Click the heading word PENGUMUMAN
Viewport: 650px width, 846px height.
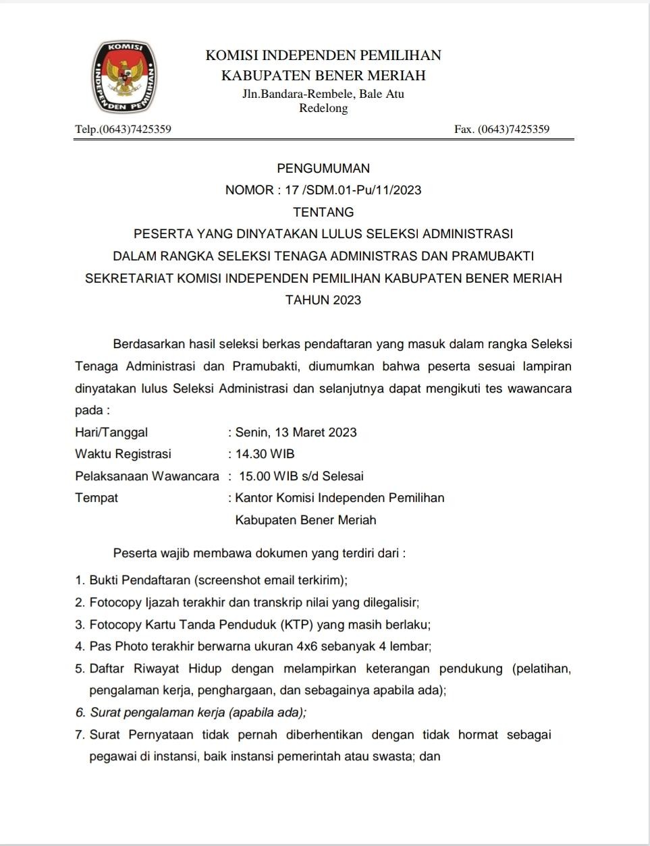pyautogui.click(x=323, y=168)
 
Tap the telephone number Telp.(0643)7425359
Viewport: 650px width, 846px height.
pyautogui.click(x=123, y=129)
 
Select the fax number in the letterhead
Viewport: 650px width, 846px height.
pyautogui.click(x=502, y=129)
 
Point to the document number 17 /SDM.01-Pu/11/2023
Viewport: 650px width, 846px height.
pyautogui.click(x=353, y=190)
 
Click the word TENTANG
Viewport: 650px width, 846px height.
pyautogui.click(x=323, y=212)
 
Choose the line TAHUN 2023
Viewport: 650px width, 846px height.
pyautogui.click(x=323, y=300)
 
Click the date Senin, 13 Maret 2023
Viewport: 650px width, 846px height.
pyautogui.click(x=296, y=432)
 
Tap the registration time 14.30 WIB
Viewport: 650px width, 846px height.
pyautogui.click(x=265, y=453)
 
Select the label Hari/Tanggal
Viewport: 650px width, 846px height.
pyautogui.click(x=111, y=432)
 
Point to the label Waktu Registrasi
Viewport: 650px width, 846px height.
pyautogui.click(x=123, y=453)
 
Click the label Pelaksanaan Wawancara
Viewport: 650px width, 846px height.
pyautogui.click(x=147, y=476)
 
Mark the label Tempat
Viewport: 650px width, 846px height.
pyautogui.click(x=97, y=498)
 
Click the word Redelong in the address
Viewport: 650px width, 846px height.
pyautogui.click(x=323, y=108)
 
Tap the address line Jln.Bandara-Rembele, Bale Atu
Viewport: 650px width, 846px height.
pyautogui.click(x=323, y=94)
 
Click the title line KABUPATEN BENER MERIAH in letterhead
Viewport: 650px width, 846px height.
pyautogui.click(x=323, y=75)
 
